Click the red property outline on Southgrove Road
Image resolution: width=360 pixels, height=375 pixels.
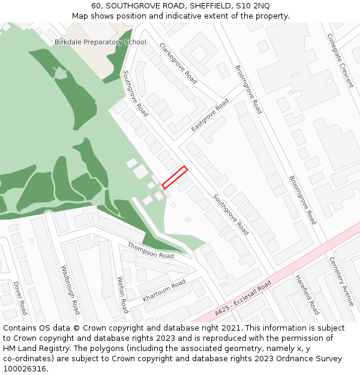[x=175, y=178]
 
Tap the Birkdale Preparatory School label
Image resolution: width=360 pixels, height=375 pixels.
[x=100, y=42]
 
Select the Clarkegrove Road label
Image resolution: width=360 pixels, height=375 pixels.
[x=178, y=63]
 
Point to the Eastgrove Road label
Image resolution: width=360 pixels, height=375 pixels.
[x=210, y=116]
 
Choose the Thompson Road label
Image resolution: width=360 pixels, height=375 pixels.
[x=151, y=251]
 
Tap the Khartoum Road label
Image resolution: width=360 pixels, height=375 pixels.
[x=164, y=290]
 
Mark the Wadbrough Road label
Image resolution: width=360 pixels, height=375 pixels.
[x=70, y=290]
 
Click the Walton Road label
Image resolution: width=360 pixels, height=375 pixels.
[x=122, y=295]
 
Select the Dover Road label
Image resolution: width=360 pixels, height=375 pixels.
[x=20, y=298]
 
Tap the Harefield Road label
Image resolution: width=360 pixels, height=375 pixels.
[x=307, y=295]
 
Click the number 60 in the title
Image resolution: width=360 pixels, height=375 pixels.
[x=96, y=5]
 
